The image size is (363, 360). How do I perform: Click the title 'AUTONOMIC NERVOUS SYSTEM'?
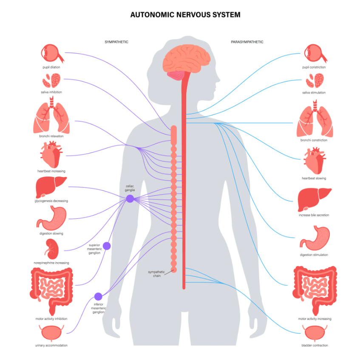(185, 15)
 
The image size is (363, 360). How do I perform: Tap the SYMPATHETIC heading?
(116, 42)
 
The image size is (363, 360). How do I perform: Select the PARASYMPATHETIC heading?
(247, 42)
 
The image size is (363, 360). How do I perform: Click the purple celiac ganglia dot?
(130, 199)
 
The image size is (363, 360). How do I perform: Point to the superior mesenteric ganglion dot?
(107, 246)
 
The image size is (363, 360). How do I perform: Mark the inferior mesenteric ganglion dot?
(98, 296)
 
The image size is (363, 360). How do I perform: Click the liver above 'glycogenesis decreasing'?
(51, 186)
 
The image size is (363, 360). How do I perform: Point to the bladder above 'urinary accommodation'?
(51, 333)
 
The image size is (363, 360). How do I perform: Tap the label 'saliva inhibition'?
(52, 92)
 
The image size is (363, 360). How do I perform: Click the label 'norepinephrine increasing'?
(51, 263)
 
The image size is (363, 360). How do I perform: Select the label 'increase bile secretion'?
(314, 215)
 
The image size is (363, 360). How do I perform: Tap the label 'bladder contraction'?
(314, 345)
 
